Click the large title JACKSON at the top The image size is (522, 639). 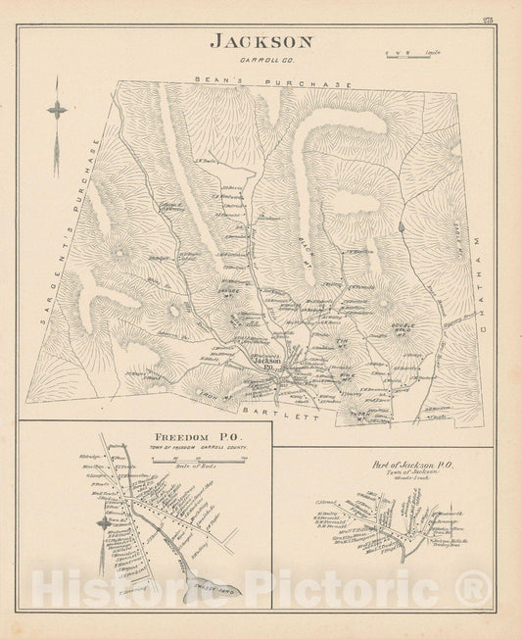(x=261, y=42)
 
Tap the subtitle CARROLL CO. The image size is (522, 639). (x=261, y=59)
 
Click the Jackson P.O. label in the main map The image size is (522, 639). (x=267, y=361)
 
